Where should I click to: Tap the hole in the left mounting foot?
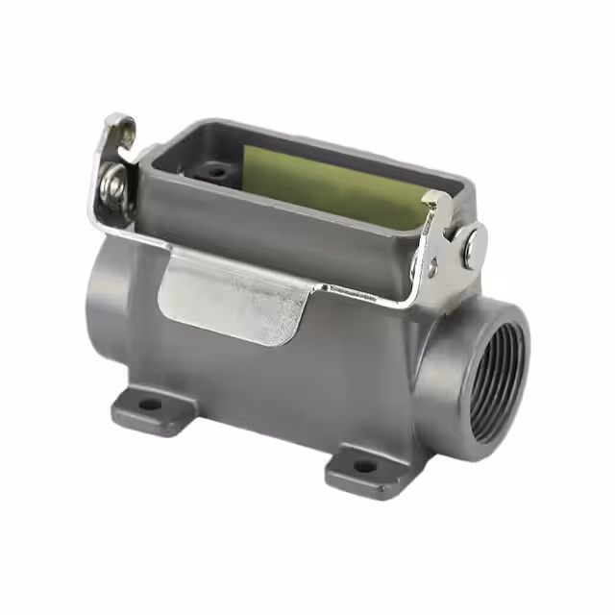tap(150, 405)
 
